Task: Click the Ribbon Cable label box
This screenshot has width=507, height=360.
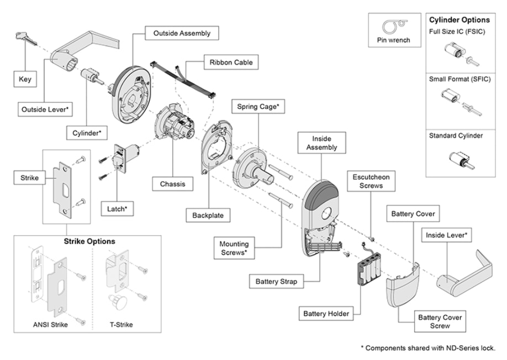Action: pos(231,62)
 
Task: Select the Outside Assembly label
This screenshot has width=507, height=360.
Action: pos(182,34)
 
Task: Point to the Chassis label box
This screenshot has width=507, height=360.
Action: pos(173,184)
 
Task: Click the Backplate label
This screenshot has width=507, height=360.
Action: pos(208,215)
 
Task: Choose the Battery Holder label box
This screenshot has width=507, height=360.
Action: pos(326,314)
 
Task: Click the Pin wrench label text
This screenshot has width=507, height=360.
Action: pos(394,40)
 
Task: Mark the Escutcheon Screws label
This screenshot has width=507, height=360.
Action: pos(372,182)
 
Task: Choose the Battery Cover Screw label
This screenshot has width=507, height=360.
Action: pos(440,321)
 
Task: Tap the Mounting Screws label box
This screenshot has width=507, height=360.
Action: pos(234,248)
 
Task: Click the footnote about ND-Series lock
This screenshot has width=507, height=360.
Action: pos(427,348)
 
